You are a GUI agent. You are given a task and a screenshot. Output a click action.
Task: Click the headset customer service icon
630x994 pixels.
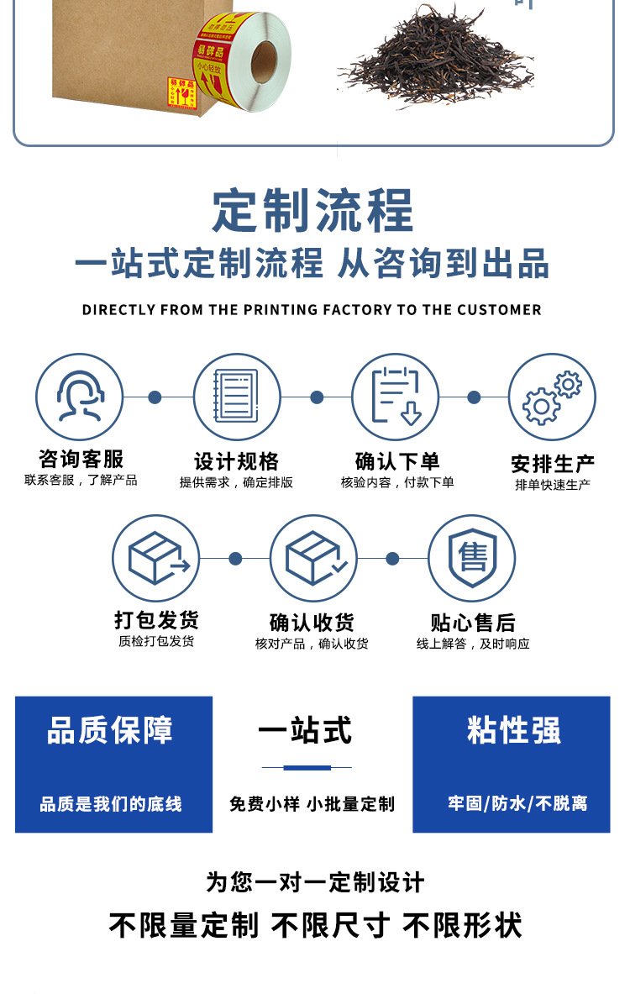[x=79, y=397]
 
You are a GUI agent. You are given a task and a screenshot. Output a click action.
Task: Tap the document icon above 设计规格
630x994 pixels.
[x=237, y=397]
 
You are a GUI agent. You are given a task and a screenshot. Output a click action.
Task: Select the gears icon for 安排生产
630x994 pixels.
[x=552, y=397]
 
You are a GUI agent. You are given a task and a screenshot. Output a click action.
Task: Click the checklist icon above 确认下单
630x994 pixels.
[x=395, y=397]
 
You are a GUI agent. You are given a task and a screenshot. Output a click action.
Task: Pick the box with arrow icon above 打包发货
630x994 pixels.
[x=156, y=559]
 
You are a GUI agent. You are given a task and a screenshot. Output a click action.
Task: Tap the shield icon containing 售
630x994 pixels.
[x=472, y=559]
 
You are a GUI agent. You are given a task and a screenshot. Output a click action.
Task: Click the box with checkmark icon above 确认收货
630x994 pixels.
[x=314, y=559]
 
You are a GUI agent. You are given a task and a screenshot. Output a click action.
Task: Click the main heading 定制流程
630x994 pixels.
[x=313, y=211]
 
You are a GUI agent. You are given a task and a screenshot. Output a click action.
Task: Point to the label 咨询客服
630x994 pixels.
[x=81, y=459]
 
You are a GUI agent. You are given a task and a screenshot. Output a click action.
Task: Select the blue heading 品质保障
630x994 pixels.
[x=110, y=730]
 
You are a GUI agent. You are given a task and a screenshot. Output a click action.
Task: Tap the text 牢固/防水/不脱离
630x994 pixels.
[x=517, y=803]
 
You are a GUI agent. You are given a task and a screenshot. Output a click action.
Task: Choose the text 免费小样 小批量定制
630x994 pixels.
[x=312, y=804]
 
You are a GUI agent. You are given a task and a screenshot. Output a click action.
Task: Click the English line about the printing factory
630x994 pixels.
[x=312, y=310]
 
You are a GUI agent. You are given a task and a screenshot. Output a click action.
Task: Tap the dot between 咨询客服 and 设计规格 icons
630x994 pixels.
[x=155, y=397]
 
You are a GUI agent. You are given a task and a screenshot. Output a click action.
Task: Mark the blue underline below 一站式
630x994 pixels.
[x=307, y=767]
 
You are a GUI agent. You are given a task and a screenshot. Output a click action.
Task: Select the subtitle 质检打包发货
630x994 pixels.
[x=156, y=641]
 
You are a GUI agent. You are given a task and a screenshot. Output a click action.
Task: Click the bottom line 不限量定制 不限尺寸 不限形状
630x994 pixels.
[x=315, y=926]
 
